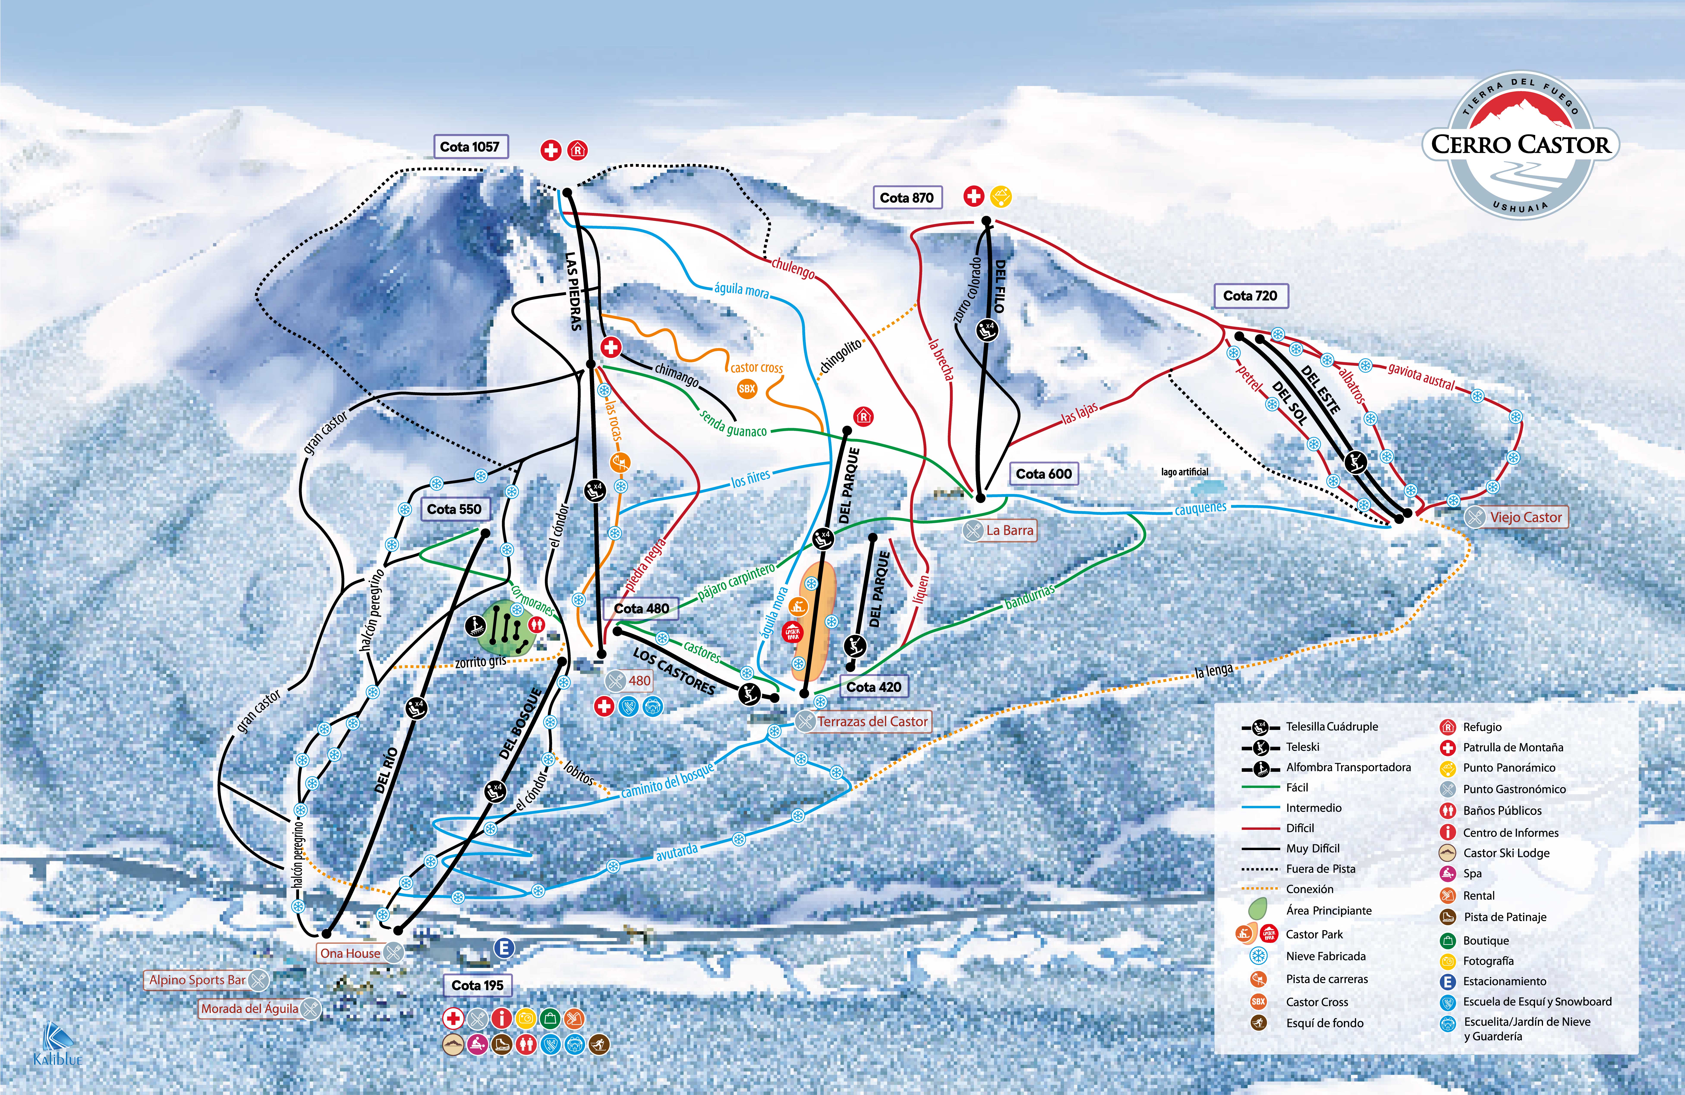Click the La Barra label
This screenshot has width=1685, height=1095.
[x=1009, y=530]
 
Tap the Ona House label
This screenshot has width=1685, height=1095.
[x=350, y=953]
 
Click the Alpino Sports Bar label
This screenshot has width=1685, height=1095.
[x=198, y=980]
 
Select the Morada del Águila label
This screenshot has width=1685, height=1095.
[x=249, y=1009]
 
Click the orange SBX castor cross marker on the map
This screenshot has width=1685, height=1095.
[x=747, y=389]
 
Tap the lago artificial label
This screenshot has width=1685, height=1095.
[x=1184, y=472]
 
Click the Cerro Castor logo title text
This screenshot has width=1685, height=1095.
[x=1520, y=144]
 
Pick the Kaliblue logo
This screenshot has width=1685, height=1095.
[x=57, y=1044]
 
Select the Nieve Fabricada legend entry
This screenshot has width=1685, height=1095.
[x=1325, y=956]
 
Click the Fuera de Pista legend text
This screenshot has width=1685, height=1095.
[x=1320, y=868]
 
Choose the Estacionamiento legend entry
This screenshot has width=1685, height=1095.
[x=1504, y=981]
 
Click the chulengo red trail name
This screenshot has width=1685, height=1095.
[x=793, y=268]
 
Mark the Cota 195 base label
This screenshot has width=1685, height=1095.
[x=477, y=985]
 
